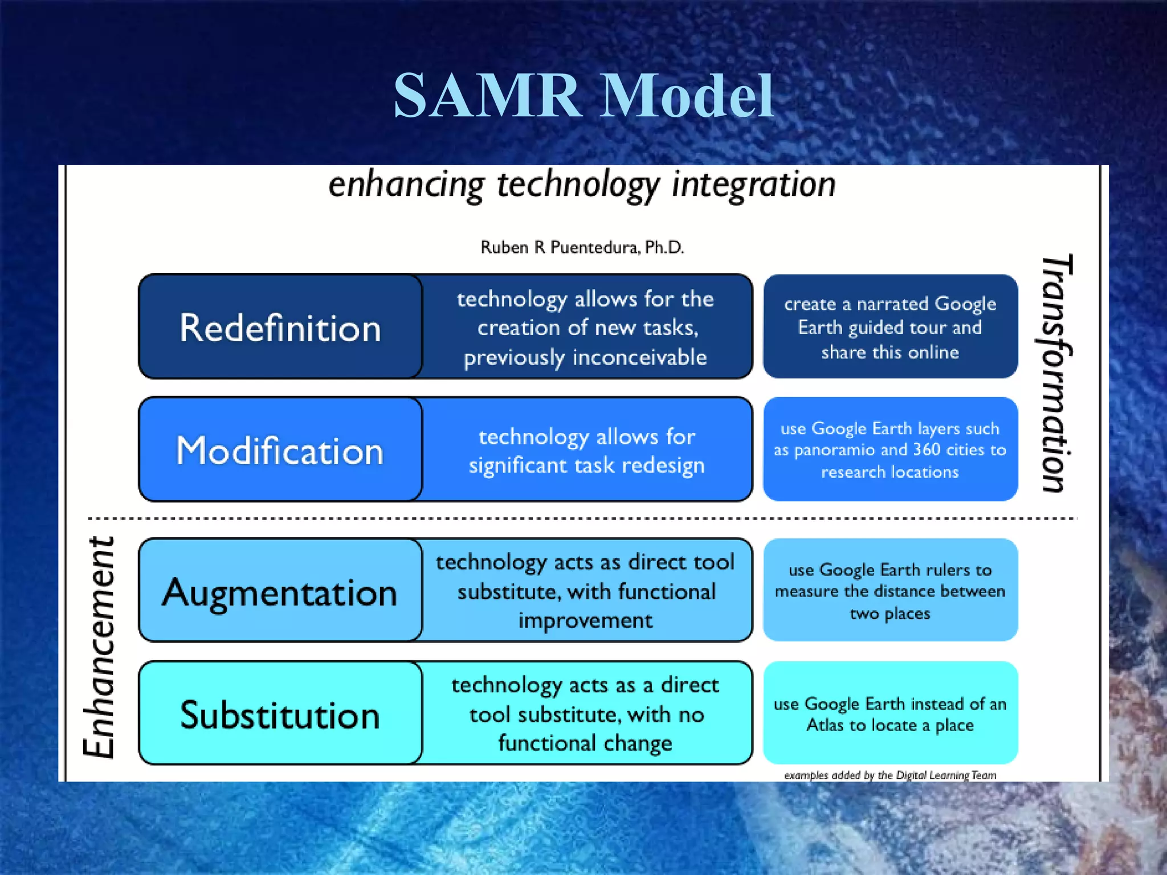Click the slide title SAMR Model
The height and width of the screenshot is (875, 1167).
583,96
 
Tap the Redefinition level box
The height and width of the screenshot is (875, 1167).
280,328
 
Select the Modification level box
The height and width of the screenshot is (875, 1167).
280,450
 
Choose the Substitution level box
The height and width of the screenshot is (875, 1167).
280,715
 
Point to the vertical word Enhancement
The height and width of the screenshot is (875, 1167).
100,647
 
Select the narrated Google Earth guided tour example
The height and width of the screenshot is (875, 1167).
890,328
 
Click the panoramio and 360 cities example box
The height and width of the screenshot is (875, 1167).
890,450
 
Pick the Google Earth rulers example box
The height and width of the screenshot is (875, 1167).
890,591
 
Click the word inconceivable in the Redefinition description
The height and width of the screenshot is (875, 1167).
639,358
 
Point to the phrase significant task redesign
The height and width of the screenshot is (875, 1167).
587,465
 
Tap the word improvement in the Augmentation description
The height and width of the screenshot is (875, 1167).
585,620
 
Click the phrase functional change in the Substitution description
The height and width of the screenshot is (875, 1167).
585,743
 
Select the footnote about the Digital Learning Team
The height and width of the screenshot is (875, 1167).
890,775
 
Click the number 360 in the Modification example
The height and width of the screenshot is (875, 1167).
927,450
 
